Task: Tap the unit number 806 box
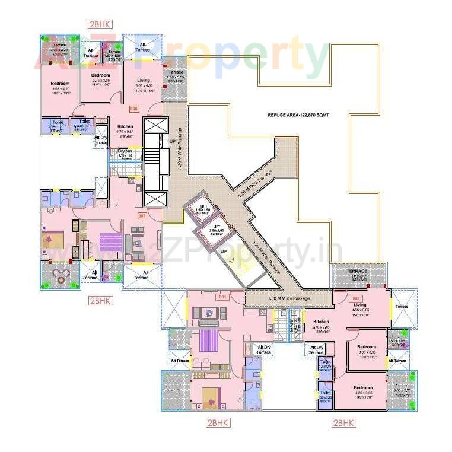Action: point(133,109)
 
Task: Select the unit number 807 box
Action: point(142,216)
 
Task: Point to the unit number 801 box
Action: point(223,296)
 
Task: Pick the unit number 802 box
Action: point(356,298)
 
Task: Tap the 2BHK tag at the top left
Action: point(100,24)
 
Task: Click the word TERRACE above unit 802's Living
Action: point(358,271)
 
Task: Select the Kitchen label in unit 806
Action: point(125,127)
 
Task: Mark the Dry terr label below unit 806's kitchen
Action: point(125,151)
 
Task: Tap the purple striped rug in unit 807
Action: point(110,243)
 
